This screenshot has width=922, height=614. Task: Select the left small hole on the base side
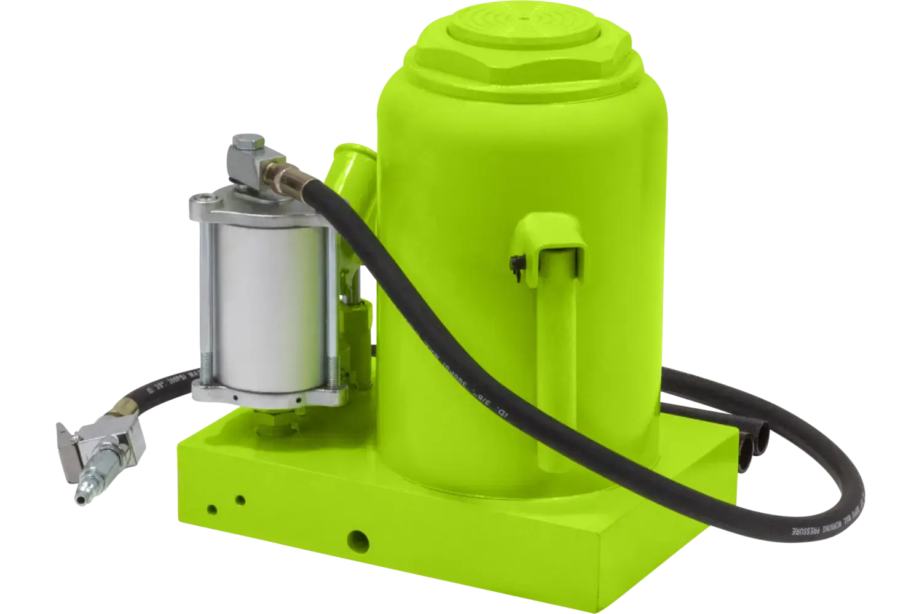click(x=212, y=509)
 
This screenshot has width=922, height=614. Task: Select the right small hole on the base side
click(x=240, y=499)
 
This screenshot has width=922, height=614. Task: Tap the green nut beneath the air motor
click(x=270, y=424)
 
